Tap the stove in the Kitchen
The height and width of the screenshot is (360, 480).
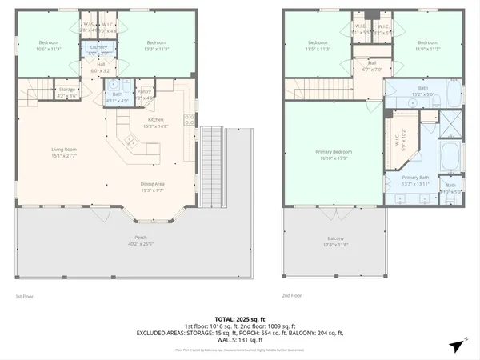[190, 119]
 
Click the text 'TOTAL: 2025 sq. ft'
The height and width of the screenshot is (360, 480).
[239, 318]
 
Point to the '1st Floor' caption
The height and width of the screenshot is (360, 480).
[25, 296]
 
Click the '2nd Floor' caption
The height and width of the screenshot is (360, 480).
[292, 296]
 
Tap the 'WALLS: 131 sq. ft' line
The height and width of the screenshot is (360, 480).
[239, 339]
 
